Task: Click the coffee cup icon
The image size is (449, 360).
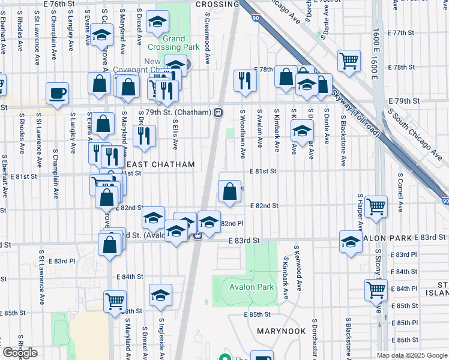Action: click(x=58, y=93)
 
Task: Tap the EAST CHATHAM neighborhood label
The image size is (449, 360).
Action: click(x=161, y=164)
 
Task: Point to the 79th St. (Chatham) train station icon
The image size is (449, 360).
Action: click(x=218, y=112)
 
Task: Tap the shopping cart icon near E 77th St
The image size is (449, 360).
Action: click(x=349, y=60)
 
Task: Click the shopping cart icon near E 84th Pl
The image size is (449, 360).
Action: click(x=376, y=290)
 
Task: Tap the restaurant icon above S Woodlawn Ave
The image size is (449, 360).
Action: click(x=244, y=80)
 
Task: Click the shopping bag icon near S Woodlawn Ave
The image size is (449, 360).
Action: click(x=230, y=192)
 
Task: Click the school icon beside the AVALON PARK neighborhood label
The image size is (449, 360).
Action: click(x=351, y=241)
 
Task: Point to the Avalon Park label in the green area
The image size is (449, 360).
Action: click(x=252, y=287)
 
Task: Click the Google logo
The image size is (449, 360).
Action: click(x=19, y=353)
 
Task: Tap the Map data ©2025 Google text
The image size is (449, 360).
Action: click(x=412, y=355)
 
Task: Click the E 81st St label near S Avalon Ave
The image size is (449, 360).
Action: click(x=263, y=171)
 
